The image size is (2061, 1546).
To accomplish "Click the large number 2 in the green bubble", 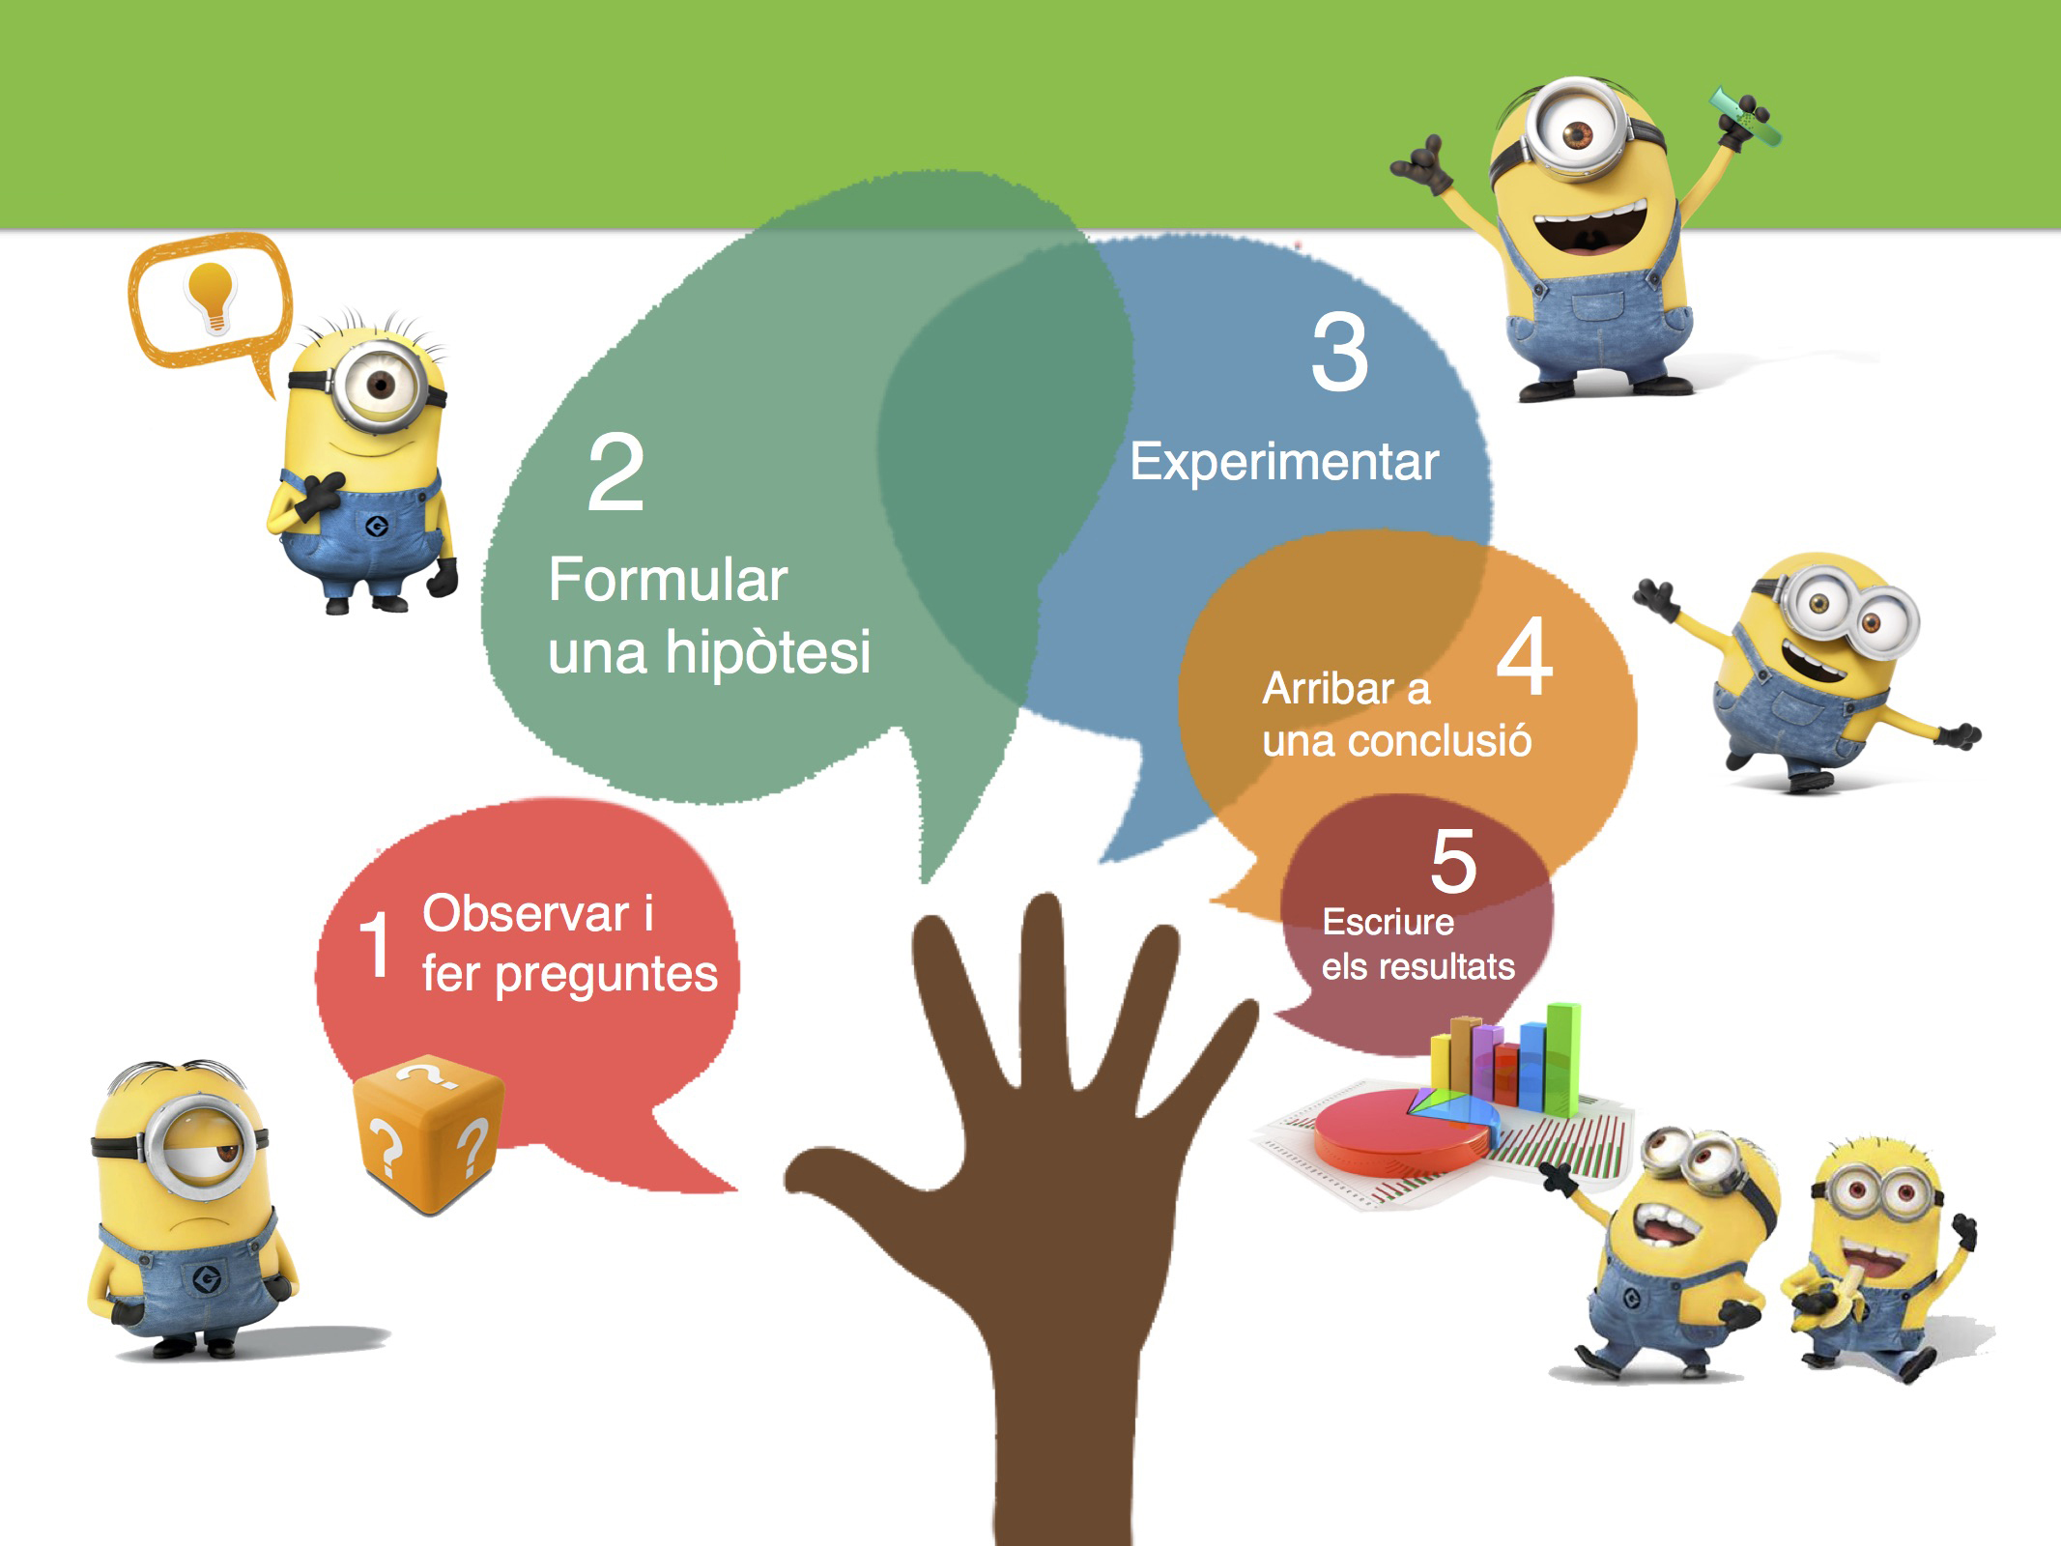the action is (x=615, y=472).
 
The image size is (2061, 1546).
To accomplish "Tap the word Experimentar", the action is (x=1284, y=462).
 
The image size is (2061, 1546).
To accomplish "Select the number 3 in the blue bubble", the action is (x=1340, y=353).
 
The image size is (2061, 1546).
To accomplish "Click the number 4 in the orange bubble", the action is (x=1525, y=658).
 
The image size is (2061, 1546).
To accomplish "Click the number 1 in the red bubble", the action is (x=375, y=944).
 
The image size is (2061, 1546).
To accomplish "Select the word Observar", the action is (x=526, y=914).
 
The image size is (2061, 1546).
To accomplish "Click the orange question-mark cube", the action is (x=428, y=1134).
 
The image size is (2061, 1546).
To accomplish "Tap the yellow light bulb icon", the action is (x=211, y=296).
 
